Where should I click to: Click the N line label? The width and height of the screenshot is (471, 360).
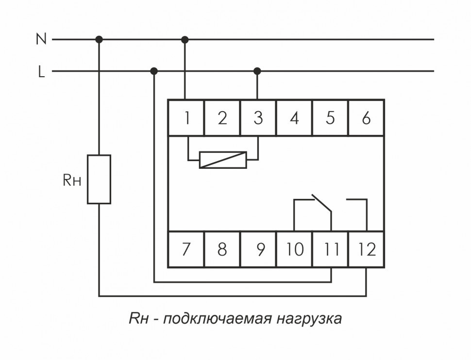(x=41, y=39)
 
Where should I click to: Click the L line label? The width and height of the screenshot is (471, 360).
(x=42, y=72)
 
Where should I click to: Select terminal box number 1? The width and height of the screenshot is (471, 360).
(x=186, y=118)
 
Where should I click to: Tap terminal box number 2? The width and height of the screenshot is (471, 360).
(x=222, y=118)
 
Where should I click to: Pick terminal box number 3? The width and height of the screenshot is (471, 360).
(x=258, y=118)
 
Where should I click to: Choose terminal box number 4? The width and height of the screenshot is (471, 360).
(x=294, y=118)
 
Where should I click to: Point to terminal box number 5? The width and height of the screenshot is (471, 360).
(x=330, y=118)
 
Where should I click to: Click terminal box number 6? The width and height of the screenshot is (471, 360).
(x=366, y=118)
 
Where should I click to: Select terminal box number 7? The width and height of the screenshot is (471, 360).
(x=186, y=249)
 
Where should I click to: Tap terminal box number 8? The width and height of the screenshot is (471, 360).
(x=222, y=249)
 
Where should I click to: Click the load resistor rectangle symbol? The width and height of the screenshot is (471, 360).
(x=99, y=179)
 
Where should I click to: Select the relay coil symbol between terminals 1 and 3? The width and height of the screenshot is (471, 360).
(x=223, y=160)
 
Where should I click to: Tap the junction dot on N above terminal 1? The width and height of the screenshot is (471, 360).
(x=185, y=39)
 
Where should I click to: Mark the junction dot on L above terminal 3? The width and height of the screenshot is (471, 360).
(x=257, y=71)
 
